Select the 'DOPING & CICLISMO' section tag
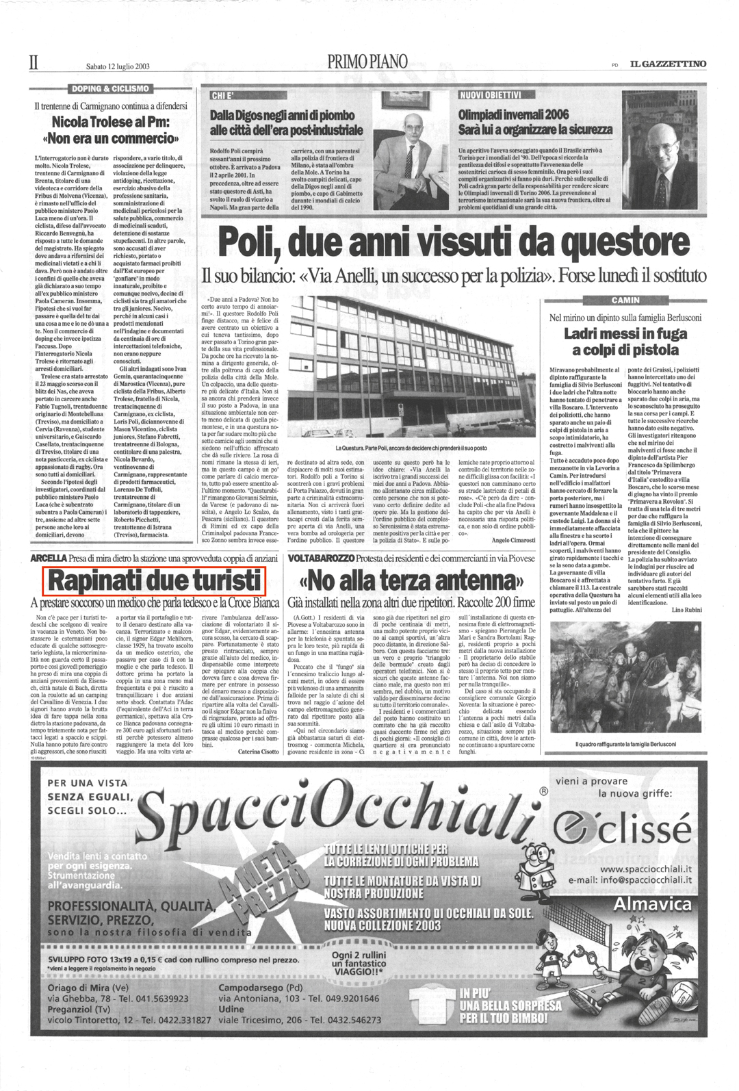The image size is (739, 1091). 110,88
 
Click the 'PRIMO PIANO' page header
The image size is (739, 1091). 367,63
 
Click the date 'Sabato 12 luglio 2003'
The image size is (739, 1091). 118,66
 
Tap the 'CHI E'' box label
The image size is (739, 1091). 222,95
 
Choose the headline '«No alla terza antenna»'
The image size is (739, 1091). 411,582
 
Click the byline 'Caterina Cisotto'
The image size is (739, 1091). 259,751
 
